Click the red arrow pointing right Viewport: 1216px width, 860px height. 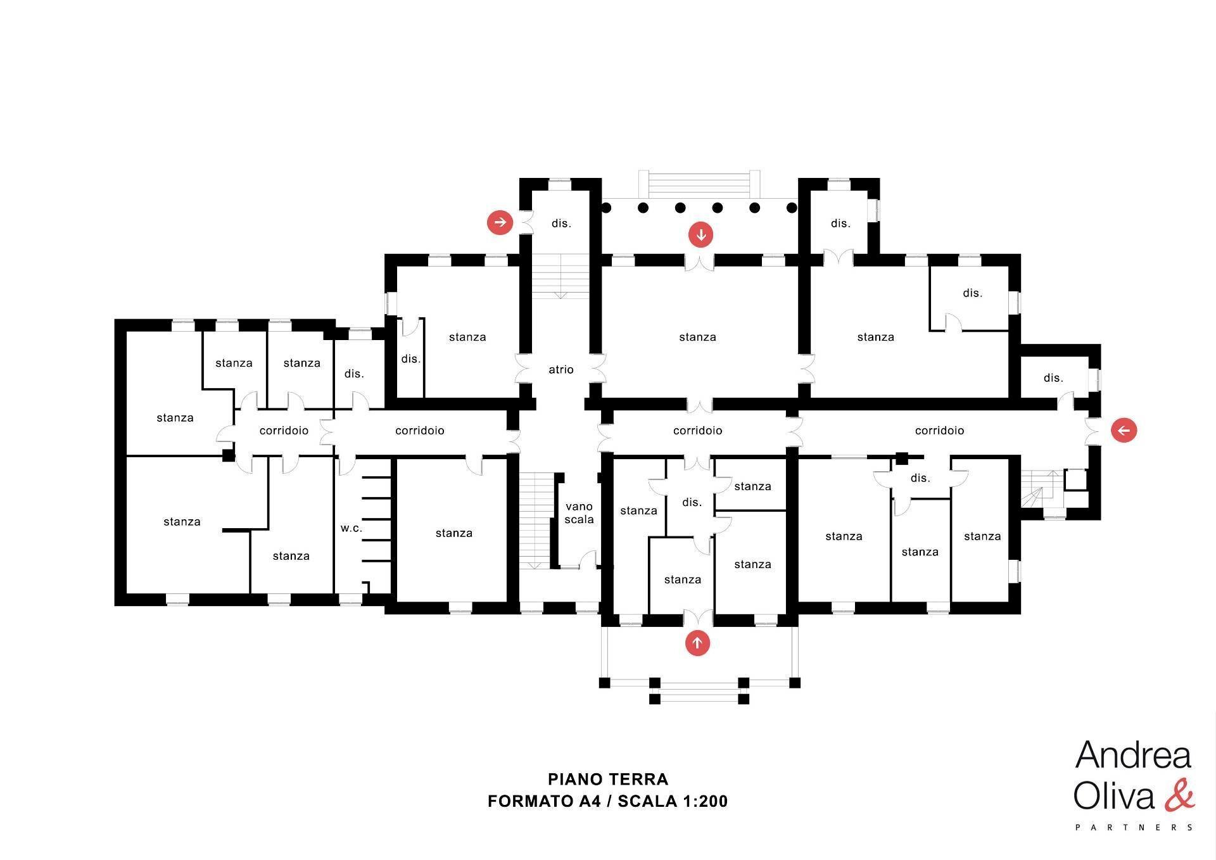click(x=500, y=222)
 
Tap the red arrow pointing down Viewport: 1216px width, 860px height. click(x=701, y=235)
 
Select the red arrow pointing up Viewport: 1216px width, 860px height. click(x=697, y=643)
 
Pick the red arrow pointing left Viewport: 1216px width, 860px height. click(x=1124, y=431)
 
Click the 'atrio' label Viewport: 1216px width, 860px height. click(x=561, y=369)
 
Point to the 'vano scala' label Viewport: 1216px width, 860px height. click(x=579, y=513)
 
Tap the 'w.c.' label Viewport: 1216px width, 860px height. click(x=351, y=528)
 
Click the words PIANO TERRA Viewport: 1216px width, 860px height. click(x=608, y=779)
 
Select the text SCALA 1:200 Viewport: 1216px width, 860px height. click(x=673, y=802)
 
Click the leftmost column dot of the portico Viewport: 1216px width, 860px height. click(x=606, y=208)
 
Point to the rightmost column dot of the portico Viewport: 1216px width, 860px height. click(x=792, y=208)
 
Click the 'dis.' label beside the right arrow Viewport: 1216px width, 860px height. click(x=561, y=224)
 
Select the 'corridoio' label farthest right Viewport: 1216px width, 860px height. click(x=939, y=431)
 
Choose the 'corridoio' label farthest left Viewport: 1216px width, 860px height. click(x=284, y=431)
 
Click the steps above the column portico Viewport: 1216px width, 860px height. click(x=699, y=184)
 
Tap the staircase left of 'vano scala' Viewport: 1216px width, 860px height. click(x=536, y=519)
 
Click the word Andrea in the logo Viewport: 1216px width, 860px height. click(x=1133, y=756)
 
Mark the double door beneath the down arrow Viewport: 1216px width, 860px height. click(x=700, y=262)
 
